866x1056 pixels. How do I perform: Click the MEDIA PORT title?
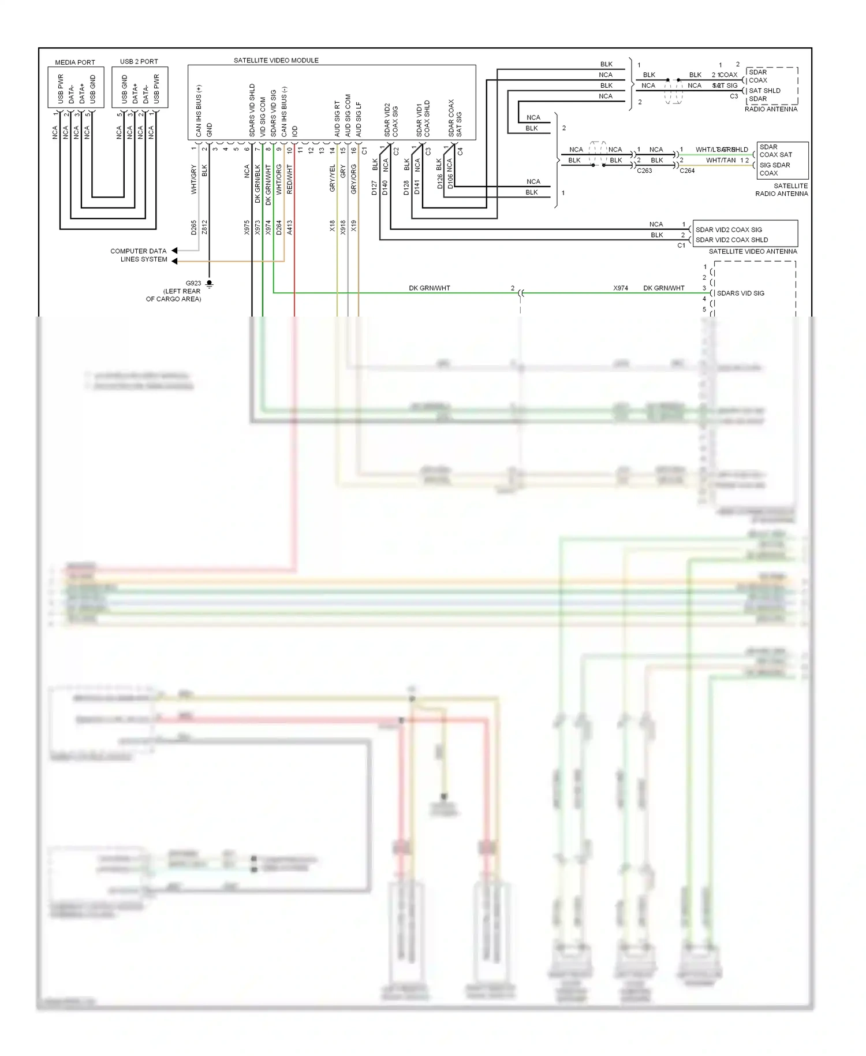(75, 62)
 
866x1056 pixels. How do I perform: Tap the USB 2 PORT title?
(139, 61)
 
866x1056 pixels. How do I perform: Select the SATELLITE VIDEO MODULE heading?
(276, 60)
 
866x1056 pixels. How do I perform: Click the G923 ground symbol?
(210, 284)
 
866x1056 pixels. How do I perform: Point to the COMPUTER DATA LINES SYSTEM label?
(139, 255)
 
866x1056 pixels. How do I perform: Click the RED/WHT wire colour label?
(290, 179)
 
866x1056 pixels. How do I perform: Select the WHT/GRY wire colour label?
(194, 179)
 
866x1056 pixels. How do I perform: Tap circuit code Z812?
(204, 227)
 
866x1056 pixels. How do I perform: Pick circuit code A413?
(290, 227)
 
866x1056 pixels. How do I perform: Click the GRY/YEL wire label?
(333, 179)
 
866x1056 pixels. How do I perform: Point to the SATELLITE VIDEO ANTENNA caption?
(752, 251)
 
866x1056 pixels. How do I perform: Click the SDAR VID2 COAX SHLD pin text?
(731, 240)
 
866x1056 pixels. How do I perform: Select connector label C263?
(644, 171)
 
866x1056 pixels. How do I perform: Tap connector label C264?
(687, 171)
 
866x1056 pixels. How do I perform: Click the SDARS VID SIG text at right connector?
(740, 293)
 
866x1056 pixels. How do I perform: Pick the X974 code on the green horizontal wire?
(621, 288)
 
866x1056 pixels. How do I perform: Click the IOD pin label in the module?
(295, 131)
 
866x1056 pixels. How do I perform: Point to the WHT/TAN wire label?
(721, 161)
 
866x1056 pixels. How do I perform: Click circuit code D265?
(194, 227)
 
